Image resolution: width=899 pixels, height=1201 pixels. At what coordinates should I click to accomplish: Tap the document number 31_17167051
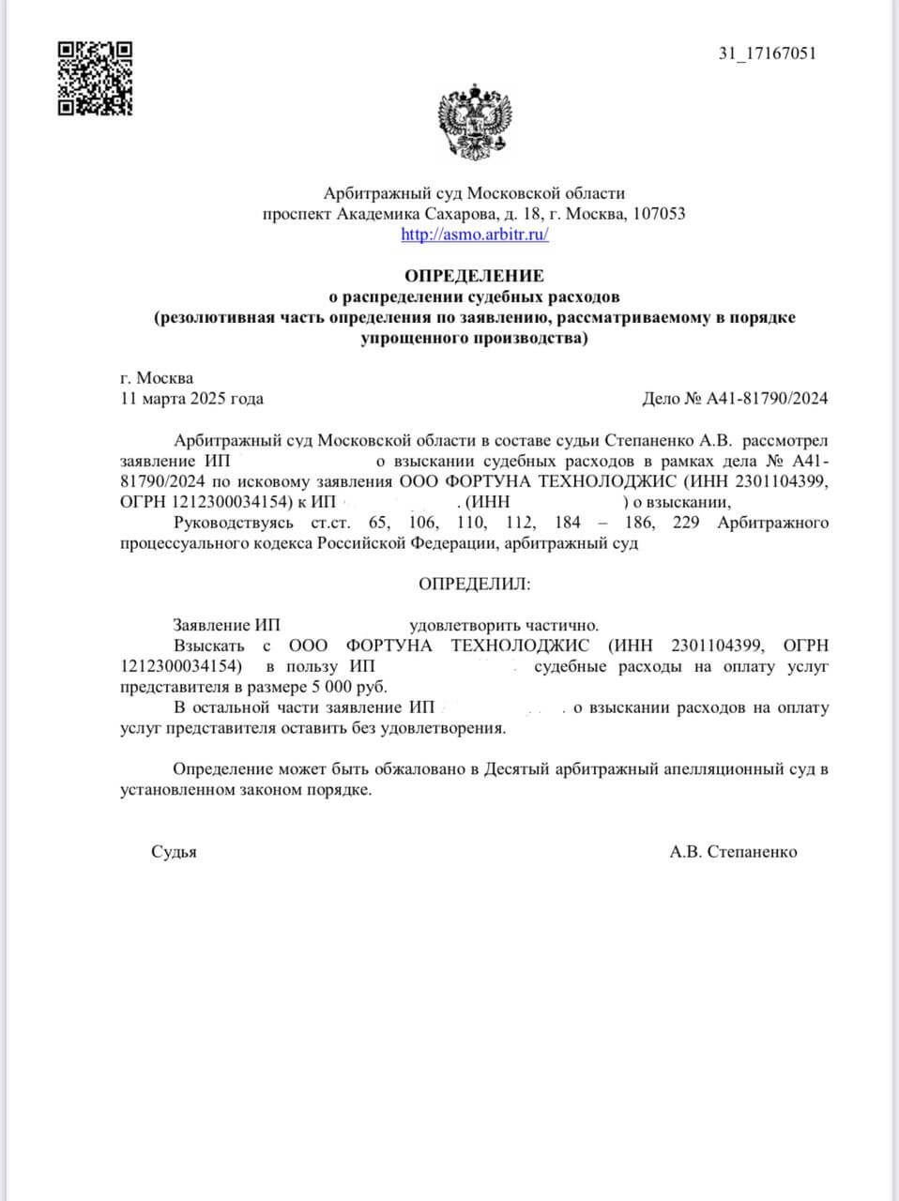tap(767, 53)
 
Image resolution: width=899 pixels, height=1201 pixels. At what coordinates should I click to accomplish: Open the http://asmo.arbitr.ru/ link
tap(474, 235)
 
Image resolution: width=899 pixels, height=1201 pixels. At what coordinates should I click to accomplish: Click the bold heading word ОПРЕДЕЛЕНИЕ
tap(474, 276)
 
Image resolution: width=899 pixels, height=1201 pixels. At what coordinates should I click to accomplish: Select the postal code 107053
tap(659, 214)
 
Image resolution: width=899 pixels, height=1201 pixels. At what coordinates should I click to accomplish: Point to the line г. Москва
tap(157, 378)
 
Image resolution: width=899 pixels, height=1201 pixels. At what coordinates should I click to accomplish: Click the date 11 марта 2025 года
tap(191, 399)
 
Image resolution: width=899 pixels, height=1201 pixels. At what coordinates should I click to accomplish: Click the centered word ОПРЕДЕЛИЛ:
tap(474, 584)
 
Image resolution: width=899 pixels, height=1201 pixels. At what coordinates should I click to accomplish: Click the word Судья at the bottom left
tap(174, 852)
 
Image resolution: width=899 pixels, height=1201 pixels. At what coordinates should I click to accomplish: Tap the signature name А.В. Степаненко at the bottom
tap(733, 852)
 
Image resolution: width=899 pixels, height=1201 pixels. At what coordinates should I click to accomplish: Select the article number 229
tap(687, 523)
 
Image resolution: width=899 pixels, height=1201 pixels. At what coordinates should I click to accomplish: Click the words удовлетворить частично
tap(503, 625)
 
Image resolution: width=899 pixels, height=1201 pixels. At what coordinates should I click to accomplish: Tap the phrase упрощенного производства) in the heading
tap(474, 338)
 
